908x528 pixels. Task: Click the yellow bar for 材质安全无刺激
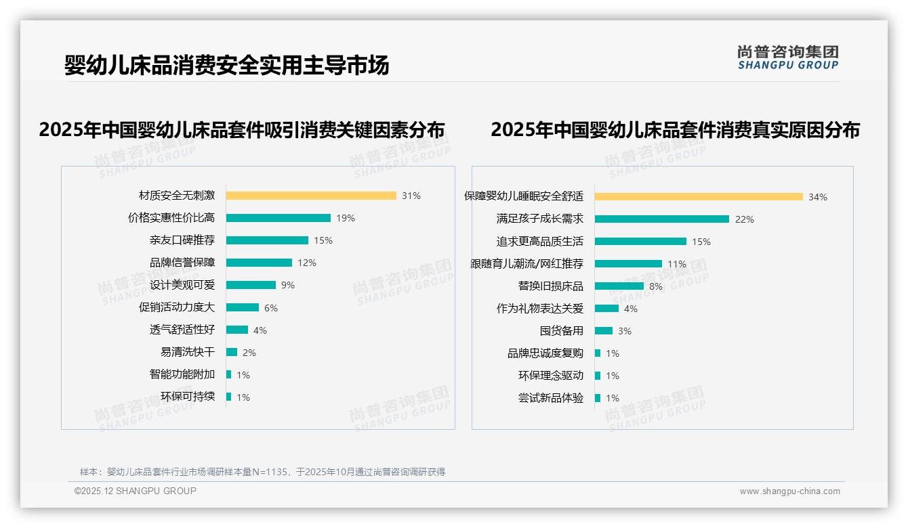pos(311,196)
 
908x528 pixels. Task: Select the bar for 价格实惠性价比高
pos(278,218)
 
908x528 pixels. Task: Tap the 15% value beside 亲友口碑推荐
pos(323,240)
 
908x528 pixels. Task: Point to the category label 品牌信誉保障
pos(182,263)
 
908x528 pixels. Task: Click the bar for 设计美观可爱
pos(251,285)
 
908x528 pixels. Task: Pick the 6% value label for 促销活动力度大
pos(271,307)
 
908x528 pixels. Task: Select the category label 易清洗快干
pos(188,352)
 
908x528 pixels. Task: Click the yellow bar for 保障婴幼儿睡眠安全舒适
pos(699,196)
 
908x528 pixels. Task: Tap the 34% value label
pos(818,197)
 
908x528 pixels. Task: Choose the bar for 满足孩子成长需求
pos(662,219)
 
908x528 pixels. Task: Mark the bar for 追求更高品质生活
pos(640,241)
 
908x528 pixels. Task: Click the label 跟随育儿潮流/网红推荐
pos(527,263)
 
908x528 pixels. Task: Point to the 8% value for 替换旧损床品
pos(656,286)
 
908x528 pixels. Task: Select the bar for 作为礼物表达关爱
pos(606,308)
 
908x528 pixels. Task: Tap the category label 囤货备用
pos(561,331)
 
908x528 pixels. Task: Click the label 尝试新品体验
pos(550,398)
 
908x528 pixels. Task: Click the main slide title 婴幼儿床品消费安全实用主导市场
pos(227,65)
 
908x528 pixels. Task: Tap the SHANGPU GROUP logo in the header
pos(788,58)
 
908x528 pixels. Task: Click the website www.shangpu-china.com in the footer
pos(789,491)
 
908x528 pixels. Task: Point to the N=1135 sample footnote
pos(262,472)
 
